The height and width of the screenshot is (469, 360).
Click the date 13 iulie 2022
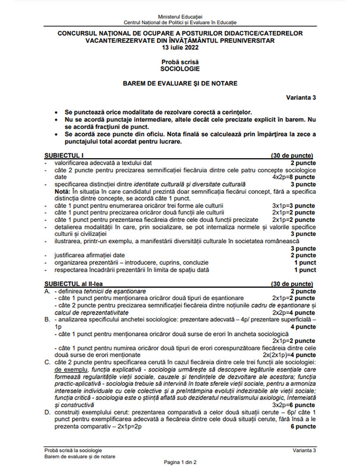tap(180, 49)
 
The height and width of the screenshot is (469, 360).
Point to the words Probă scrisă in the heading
tap(180, 62)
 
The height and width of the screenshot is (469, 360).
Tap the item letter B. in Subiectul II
tap(48, 319)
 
